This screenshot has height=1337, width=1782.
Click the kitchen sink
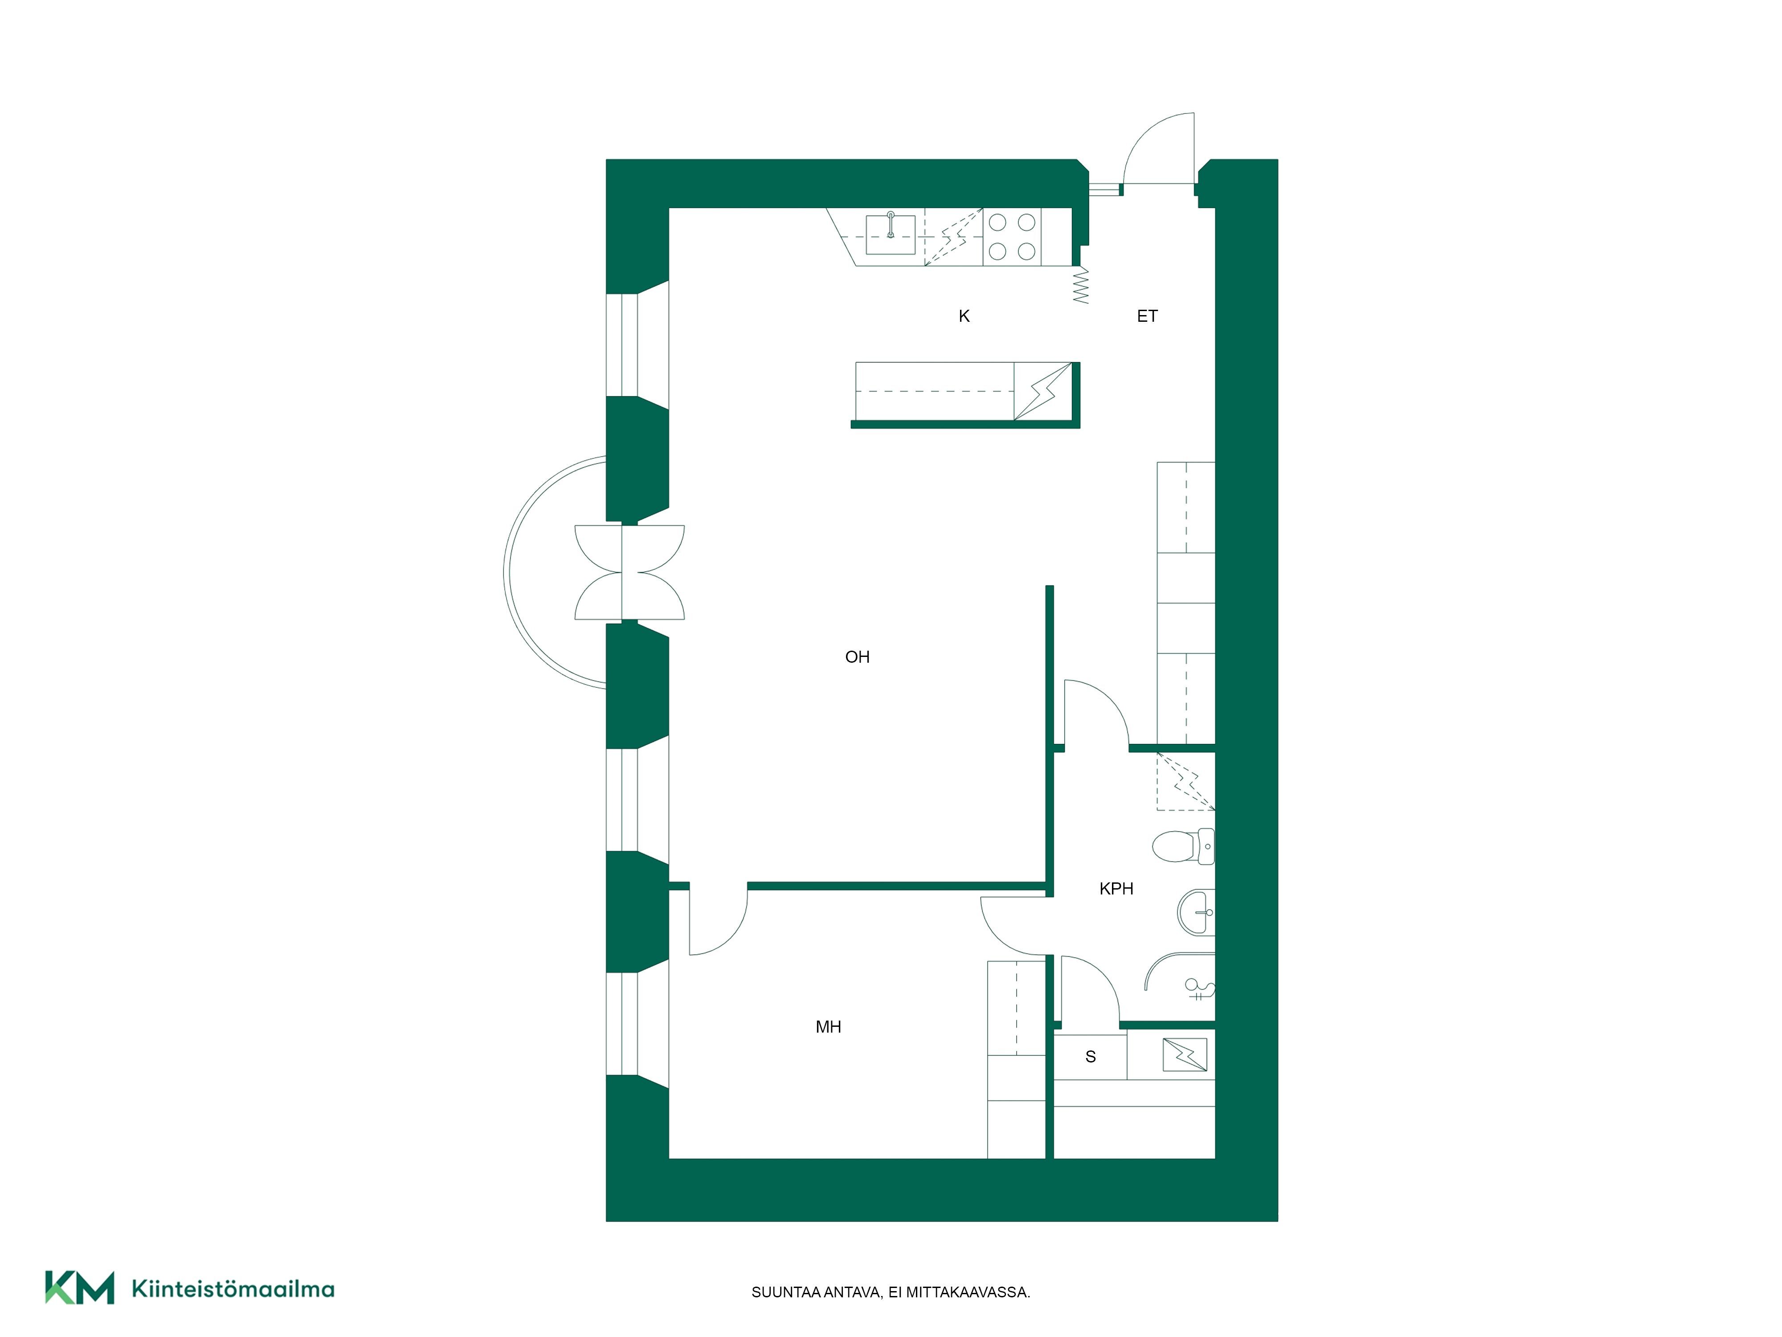pyautogui.click(x=890, y=234)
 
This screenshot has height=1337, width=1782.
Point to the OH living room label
pyautogui.click(x=857, y=657)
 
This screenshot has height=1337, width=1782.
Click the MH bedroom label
pyautogui.click(x=828, y=1027)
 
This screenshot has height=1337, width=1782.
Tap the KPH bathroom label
pyautogui.click(x=1116, y=889)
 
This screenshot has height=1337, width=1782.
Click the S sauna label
pyautogui.click(x=1091, y=1057)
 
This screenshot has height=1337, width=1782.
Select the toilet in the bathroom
pyautogui.click(x=1183, y=846)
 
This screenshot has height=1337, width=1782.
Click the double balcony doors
pyautogui.click(x=629, y=572)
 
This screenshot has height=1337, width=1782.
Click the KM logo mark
pyautogui.click(x=79, y=1287)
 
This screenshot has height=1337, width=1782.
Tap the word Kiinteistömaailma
pyautogui.click(x=233, y=1289)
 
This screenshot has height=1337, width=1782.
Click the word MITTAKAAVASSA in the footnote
pyautogui.click(x=969, y=1293)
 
